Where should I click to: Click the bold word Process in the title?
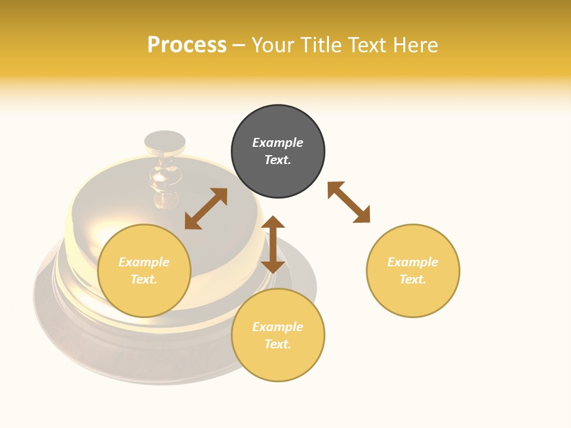[x=187, y=45]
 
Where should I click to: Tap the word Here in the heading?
[x=416, y=45]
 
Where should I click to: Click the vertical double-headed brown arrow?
[x=273, y=244]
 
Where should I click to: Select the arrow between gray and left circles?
[x=206, y=209]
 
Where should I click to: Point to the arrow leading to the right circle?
[x=349, y=202]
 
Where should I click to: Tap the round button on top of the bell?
[x=165, y=140]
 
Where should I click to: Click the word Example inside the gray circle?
[x=278, y=143]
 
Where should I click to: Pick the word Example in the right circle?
[x=413, y=262]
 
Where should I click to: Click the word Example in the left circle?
[x=144, y=262]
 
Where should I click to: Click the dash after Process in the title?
[x=239, y=45]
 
